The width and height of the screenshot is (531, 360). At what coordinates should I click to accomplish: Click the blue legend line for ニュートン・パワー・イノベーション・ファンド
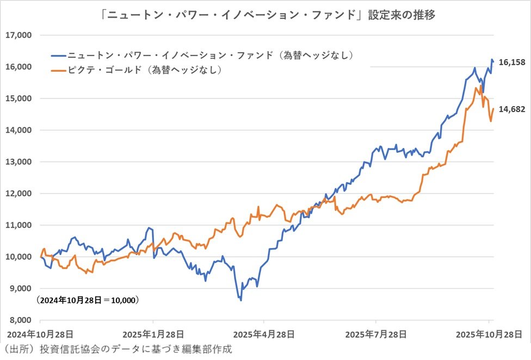[58, 55]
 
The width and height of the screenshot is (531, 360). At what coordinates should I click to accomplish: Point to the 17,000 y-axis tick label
[18, 35]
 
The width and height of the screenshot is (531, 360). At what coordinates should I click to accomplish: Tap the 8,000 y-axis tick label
[21, 320]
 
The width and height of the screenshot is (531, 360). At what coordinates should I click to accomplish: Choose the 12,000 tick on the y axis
[18, 194]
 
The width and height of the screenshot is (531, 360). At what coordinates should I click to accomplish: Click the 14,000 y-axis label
[18, 131]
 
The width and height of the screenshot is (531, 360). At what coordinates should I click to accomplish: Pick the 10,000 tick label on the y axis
[18, 257]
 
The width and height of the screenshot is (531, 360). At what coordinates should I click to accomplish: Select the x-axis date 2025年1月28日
[153, 333]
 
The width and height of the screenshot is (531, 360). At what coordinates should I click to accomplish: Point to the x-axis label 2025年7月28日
[376, 333]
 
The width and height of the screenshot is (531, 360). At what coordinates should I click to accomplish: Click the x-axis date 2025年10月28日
[486, 333]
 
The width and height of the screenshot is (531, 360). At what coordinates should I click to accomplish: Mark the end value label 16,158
[511, 63]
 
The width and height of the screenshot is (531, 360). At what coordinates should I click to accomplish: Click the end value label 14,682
[511, 109]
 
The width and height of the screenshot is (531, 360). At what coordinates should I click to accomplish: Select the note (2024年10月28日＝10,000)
[87, 300]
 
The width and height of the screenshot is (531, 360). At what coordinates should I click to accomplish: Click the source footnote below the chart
[117, 349]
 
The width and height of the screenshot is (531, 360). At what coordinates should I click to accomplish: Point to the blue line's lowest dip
[240, 300]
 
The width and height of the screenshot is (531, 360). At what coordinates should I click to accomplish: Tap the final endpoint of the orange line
[493, 109]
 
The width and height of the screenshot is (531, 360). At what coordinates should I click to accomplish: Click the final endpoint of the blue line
[493, 61]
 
